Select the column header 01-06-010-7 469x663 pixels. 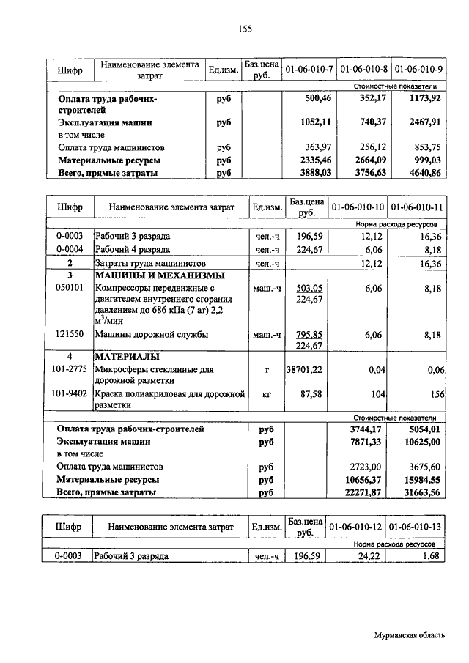[x=309, y=70]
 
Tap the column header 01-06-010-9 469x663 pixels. [x=418, y=70]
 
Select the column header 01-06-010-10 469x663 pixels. [x=358, y=207]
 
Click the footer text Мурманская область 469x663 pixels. [x=408, y=635]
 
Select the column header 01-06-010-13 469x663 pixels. [x=416, y=527]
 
